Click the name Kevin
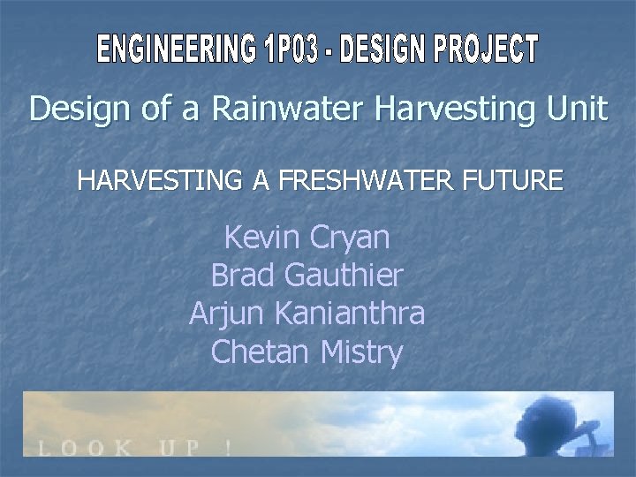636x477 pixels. (263, 237)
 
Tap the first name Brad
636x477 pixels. (244, 276)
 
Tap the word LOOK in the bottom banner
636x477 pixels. (83, 447)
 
